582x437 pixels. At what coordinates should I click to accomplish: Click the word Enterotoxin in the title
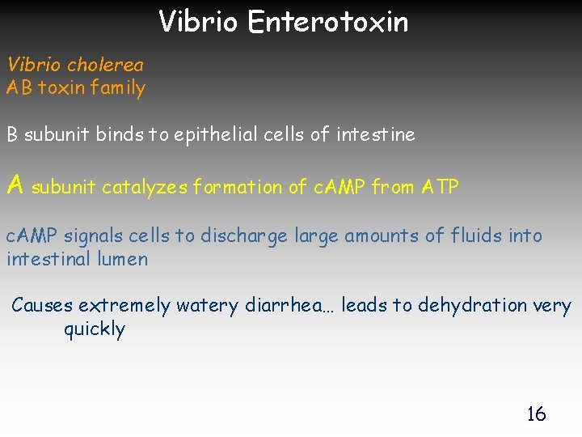328,21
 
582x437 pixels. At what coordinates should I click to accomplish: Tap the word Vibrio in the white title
198,21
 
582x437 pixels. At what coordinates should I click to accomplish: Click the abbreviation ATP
441,187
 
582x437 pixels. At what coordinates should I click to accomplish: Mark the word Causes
42,305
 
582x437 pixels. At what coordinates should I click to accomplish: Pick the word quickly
95,329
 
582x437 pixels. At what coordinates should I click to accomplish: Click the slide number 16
536,414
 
